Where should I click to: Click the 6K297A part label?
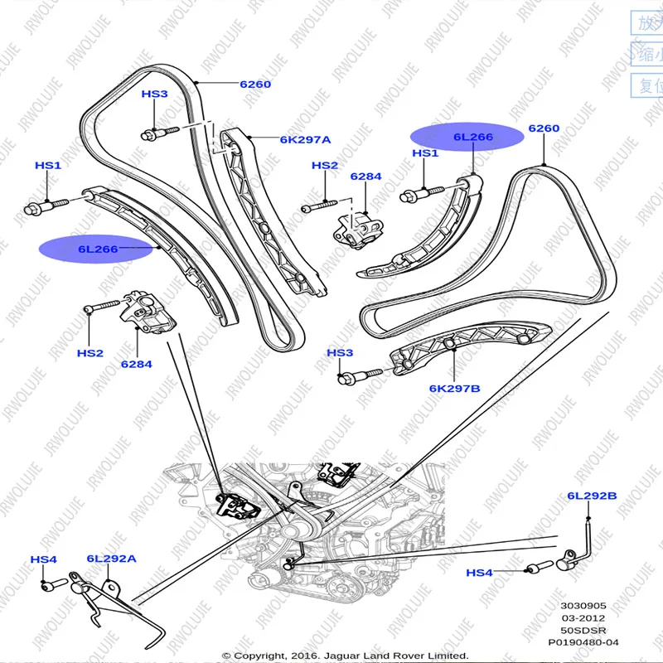pyautogui.click(x=305, y=140)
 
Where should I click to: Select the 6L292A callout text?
pyautogui.click(x=110, y=559)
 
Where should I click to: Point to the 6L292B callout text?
pyautogui.click(x=592, y=496)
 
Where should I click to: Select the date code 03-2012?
pyautogui.click(x=585, y=618)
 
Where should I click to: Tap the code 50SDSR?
pyautogui.click(x=585, y=630)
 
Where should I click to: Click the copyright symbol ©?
pyautogui.click(x=226, y=656)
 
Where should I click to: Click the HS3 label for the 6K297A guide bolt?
pyautogui.click(x=154, y=94)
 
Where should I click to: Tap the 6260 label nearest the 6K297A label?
pyautogui.click(x=254, y=85)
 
